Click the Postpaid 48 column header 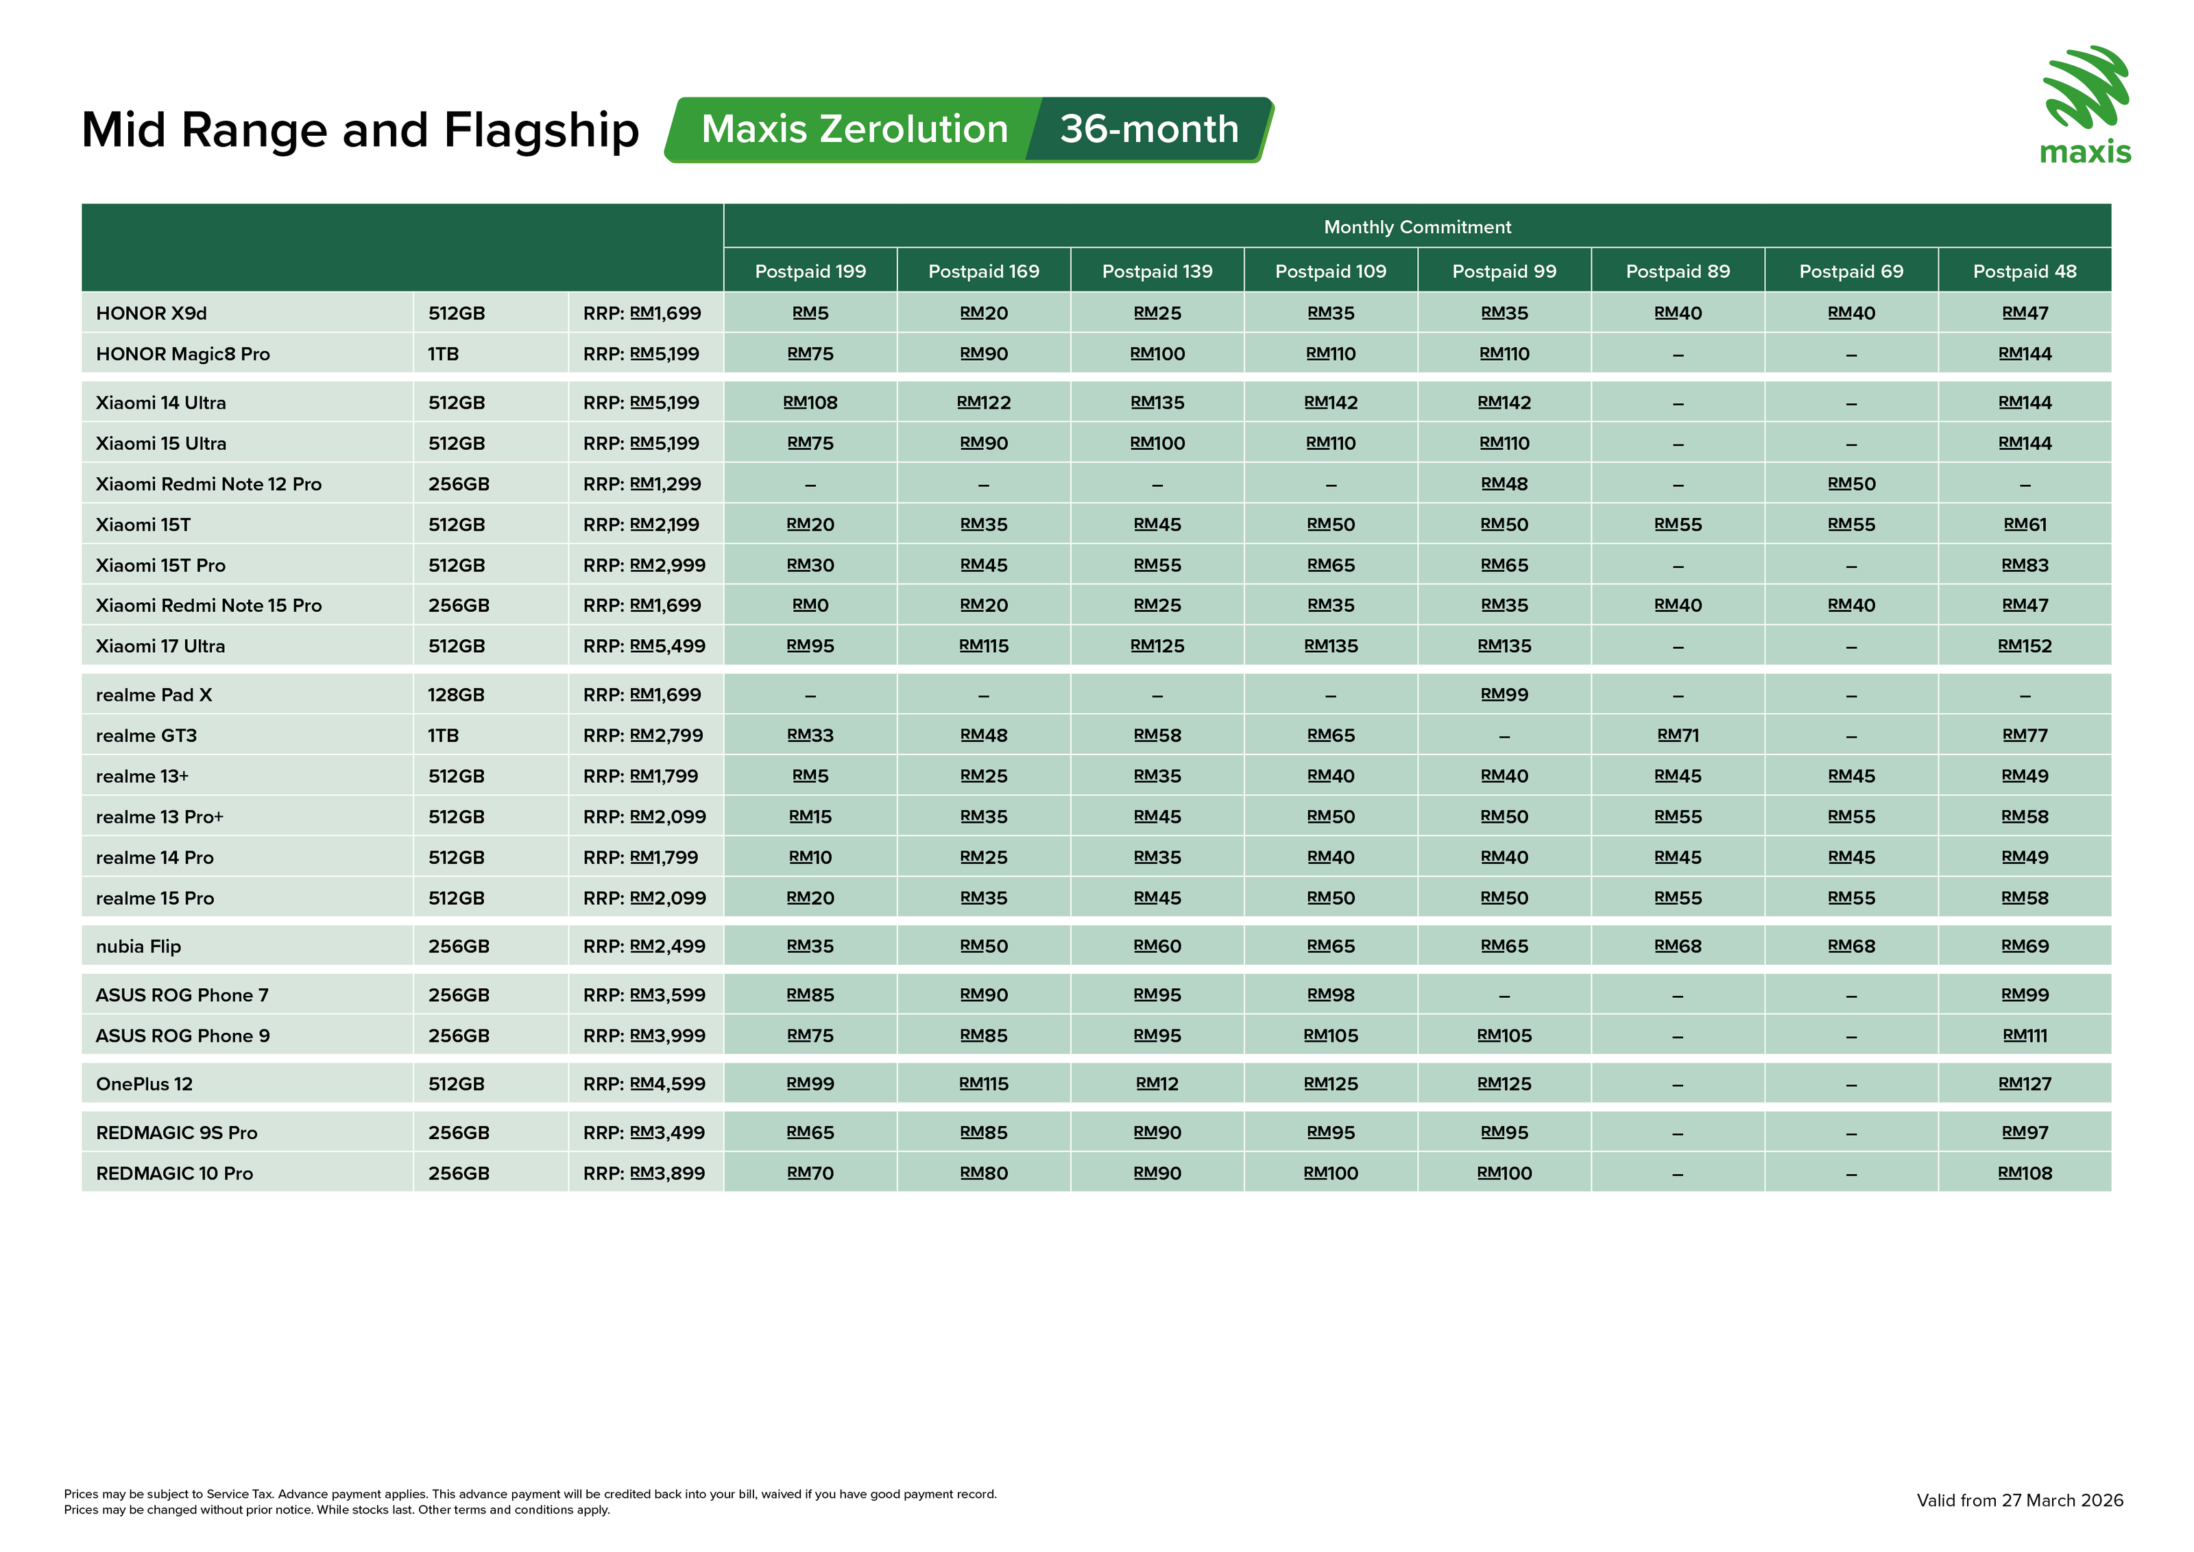2024,272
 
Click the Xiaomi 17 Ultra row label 160,646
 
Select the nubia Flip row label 138,946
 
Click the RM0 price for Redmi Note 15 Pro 810,605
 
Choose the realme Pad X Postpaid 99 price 1504,695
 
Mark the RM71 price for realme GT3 1677,735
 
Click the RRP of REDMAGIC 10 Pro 644,1173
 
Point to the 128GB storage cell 456,695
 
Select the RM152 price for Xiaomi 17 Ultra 2024,646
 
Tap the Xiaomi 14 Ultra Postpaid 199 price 810,403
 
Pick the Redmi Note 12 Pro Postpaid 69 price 1851,483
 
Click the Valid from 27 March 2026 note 2019,1501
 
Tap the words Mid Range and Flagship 360,130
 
